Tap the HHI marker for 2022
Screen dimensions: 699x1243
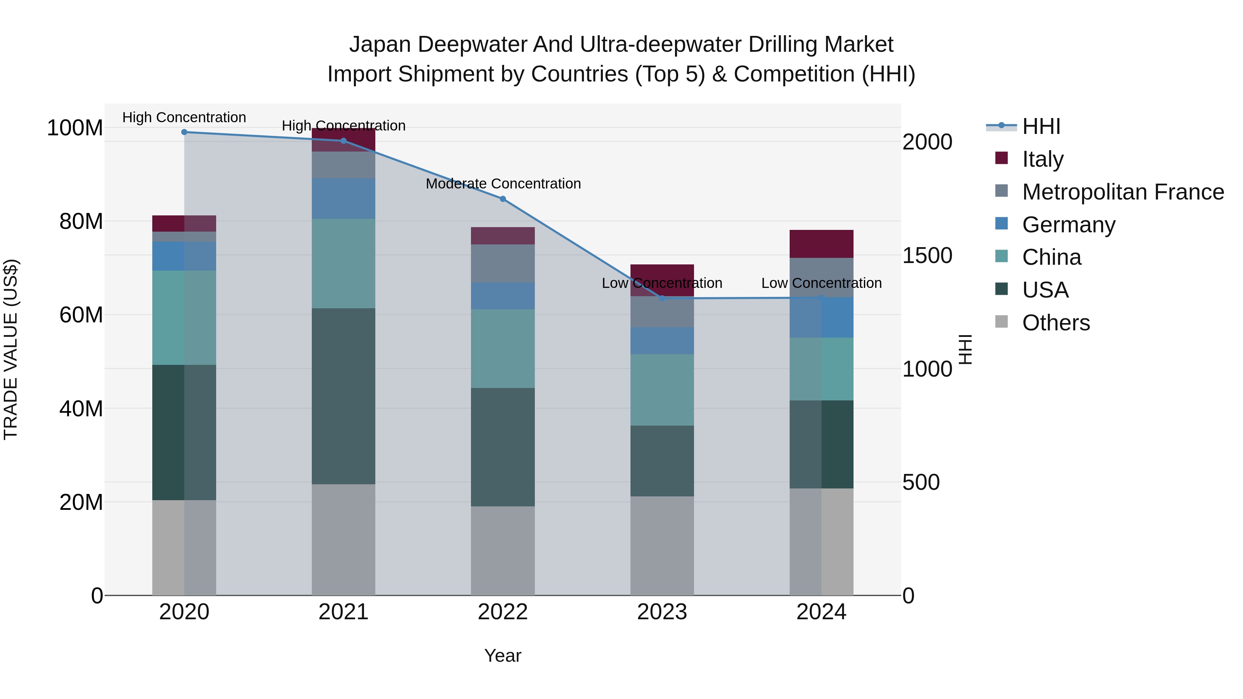503,199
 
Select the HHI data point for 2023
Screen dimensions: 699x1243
662,298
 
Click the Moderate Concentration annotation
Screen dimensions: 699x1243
503,184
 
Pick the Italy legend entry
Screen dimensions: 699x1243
1042,159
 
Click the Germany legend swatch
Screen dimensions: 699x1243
1002,223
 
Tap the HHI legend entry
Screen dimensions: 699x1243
1041,126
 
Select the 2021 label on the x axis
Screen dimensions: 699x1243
343,612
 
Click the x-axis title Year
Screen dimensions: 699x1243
502,656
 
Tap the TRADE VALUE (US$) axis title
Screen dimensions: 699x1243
11,349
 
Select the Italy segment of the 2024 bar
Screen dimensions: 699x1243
821,244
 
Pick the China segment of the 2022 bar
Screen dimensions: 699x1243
502,348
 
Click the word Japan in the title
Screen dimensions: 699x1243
380,45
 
